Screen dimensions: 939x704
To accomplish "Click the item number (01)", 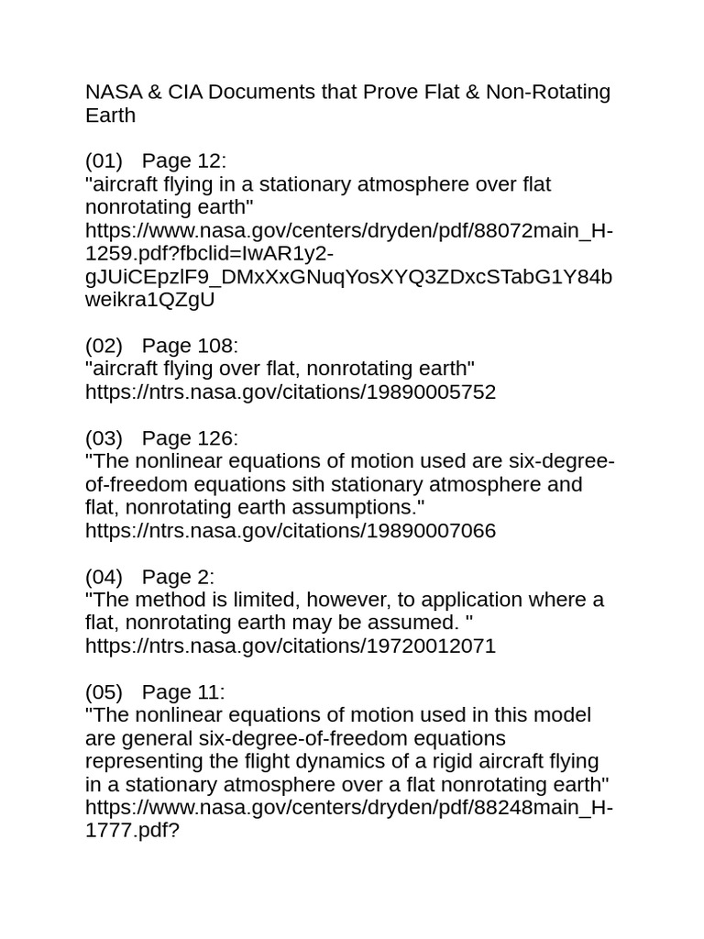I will point(104,160).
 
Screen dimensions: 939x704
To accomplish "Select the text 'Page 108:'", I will point(190,346).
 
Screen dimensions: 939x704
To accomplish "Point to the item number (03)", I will point(104,438).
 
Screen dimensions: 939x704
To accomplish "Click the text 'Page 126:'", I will point(190,438).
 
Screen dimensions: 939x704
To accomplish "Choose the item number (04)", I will point(104,577).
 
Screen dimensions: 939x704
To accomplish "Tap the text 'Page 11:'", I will point(183,692).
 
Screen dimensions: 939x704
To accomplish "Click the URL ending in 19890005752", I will point(291,392).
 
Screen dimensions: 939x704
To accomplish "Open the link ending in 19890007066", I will point(291,531).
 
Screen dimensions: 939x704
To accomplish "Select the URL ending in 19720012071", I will point(291,646).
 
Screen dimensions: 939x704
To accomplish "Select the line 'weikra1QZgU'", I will point(150,300).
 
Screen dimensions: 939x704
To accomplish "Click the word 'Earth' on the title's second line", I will point(110,115).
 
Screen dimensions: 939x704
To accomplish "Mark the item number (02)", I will point(104,346).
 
